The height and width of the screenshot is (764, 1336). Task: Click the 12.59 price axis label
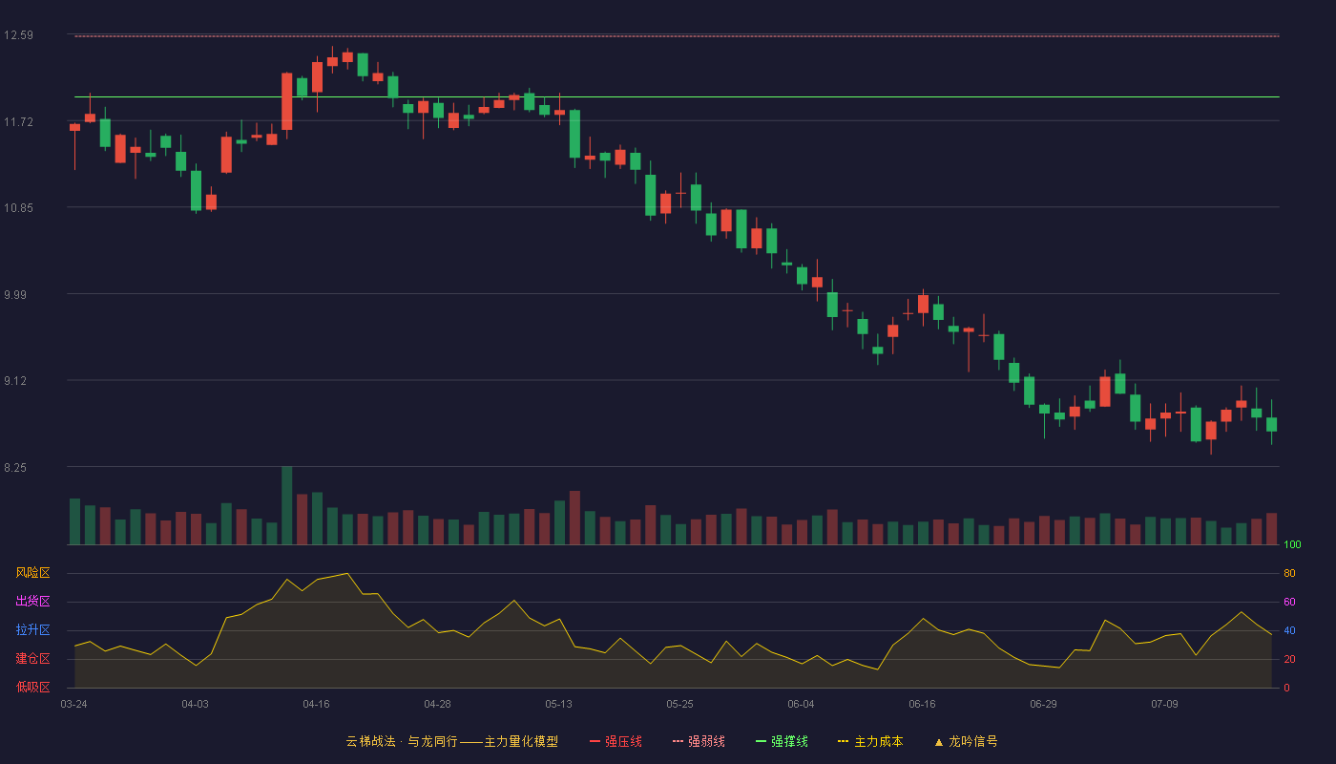[18, 35]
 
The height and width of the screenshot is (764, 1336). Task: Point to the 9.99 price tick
[15, 295]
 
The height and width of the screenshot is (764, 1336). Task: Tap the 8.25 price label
[15, 468]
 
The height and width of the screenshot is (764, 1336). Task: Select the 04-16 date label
[316, 705]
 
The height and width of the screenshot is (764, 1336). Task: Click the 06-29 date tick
[1043, 705]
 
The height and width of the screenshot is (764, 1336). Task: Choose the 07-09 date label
[1164, 705]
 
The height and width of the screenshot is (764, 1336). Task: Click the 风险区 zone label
[32, 573]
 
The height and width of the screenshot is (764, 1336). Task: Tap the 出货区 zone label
[32, 601]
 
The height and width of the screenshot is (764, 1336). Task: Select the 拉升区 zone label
[32, 629]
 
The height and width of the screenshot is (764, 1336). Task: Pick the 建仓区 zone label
[32, 658]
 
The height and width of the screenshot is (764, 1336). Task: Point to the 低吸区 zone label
[32, 687]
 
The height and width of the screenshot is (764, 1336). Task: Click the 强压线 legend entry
[616, 741]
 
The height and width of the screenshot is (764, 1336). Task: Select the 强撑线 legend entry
[782, 741]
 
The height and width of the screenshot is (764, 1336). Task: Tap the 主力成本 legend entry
[870, 741]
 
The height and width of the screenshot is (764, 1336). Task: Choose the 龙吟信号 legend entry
[966, 741]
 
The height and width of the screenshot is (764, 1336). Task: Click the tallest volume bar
[287, 505]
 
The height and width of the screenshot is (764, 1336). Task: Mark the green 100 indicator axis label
[1292, 544]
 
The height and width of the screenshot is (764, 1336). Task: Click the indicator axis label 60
[1289, 602]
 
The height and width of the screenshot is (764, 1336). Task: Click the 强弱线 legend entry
[699, 741]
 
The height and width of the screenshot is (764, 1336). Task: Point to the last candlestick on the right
[1271, 424]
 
